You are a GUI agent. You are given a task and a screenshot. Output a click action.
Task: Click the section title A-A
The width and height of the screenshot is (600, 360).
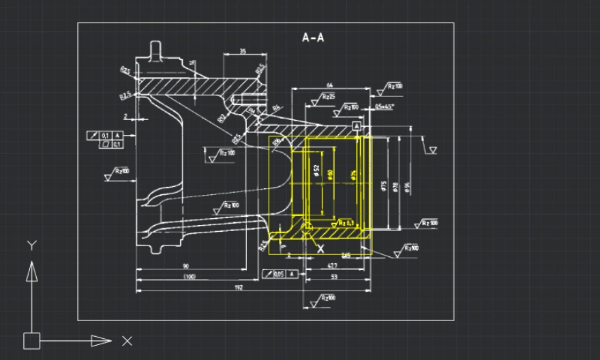tap(313, 37)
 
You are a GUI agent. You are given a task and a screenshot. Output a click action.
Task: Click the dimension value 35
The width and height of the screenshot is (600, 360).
tap(243, 52)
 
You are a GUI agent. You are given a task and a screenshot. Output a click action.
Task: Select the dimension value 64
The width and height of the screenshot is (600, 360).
tap(329, 85)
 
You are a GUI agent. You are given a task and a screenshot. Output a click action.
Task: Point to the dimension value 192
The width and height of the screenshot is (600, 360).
tap(239, 288)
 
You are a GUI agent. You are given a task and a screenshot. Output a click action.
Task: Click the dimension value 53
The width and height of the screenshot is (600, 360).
tap(333, 277)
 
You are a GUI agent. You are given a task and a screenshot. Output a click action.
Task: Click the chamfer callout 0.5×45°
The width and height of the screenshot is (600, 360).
tap(384, 107)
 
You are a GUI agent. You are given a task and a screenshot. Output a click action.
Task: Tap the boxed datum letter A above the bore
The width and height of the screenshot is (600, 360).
tap(357, 127)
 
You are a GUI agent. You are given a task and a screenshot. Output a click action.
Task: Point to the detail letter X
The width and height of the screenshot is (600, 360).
tap(320, 249)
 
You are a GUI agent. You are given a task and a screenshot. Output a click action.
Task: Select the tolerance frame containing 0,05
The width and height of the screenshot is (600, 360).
tap(280, 274)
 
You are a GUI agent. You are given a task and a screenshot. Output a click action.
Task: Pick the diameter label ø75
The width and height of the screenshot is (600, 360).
tap(385, 186)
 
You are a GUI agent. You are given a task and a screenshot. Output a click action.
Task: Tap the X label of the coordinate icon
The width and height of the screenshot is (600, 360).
tap(127, 340)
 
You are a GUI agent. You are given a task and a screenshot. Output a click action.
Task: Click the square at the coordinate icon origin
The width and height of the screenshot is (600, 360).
tap(31, 340)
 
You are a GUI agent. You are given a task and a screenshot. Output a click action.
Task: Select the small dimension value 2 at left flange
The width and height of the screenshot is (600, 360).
tap(125, 117)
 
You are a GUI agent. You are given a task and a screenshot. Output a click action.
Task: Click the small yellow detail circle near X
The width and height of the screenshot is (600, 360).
tap(307, 226)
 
